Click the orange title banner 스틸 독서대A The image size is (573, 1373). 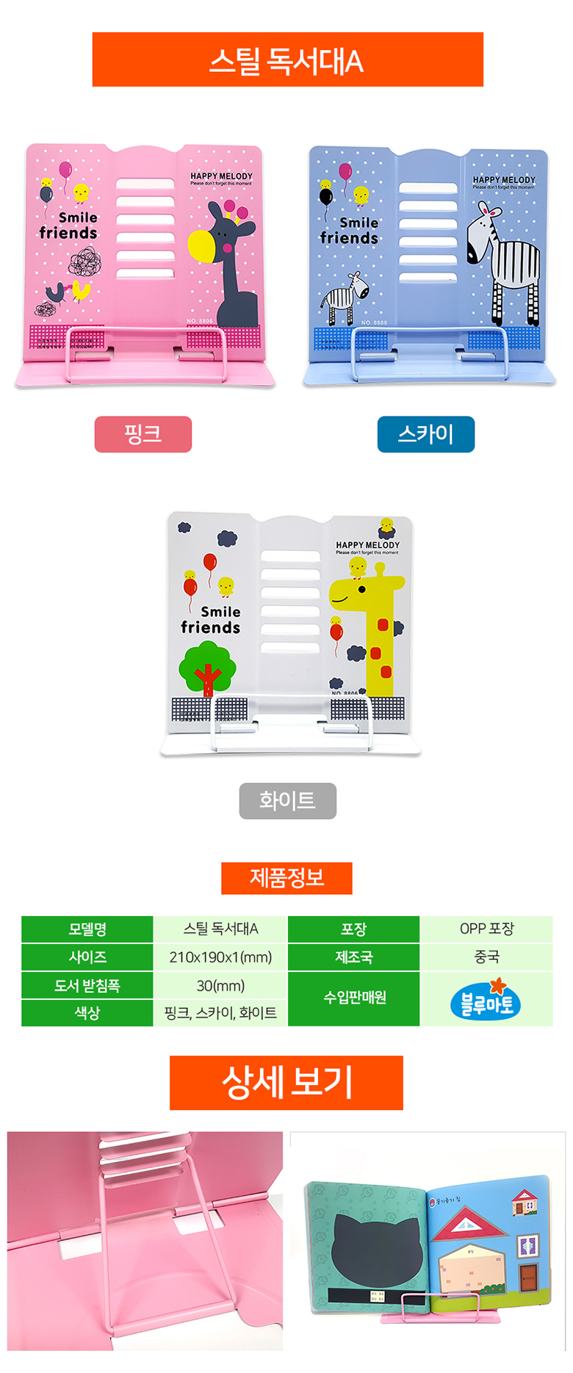pyautogui.click(x=287, y=60)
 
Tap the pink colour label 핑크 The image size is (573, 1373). pyautogui.click(x=143, y=434)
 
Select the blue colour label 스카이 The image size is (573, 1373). pyautogui.click(x=426, y=434)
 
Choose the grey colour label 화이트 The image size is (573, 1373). pyautogui.click(x=287, y=801)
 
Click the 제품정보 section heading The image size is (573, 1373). pyautogui.click(x=286, y=878)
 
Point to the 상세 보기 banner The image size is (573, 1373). pyautogui.click(x=286, y=1082)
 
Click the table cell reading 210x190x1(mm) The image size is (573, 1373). pyautogui.click(x=220, y=957)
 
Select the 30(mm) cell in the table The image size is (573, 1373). pyautogui.click(x=220, y=986)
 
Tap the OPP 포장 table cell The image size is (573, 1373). pyautogui.click(x=486, y=929)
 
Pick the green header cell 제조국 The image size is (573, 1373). pyautogui.click(x=353, y=957)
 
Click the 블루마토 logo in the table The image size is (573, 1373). pyautogui.click(x=486, y=1000)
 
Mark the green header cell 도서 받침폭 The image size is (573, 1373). pyautogui.click(x=87, y=986)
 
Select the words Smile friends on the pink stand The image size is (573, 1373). pyautogui.click(x=69, y=226)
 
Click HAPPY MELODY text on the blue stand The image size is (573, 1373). pyautogui.click(x=504, y=180)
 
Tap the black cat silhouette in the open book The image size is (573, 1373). pyautogui.click(x=375, y=1247)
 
